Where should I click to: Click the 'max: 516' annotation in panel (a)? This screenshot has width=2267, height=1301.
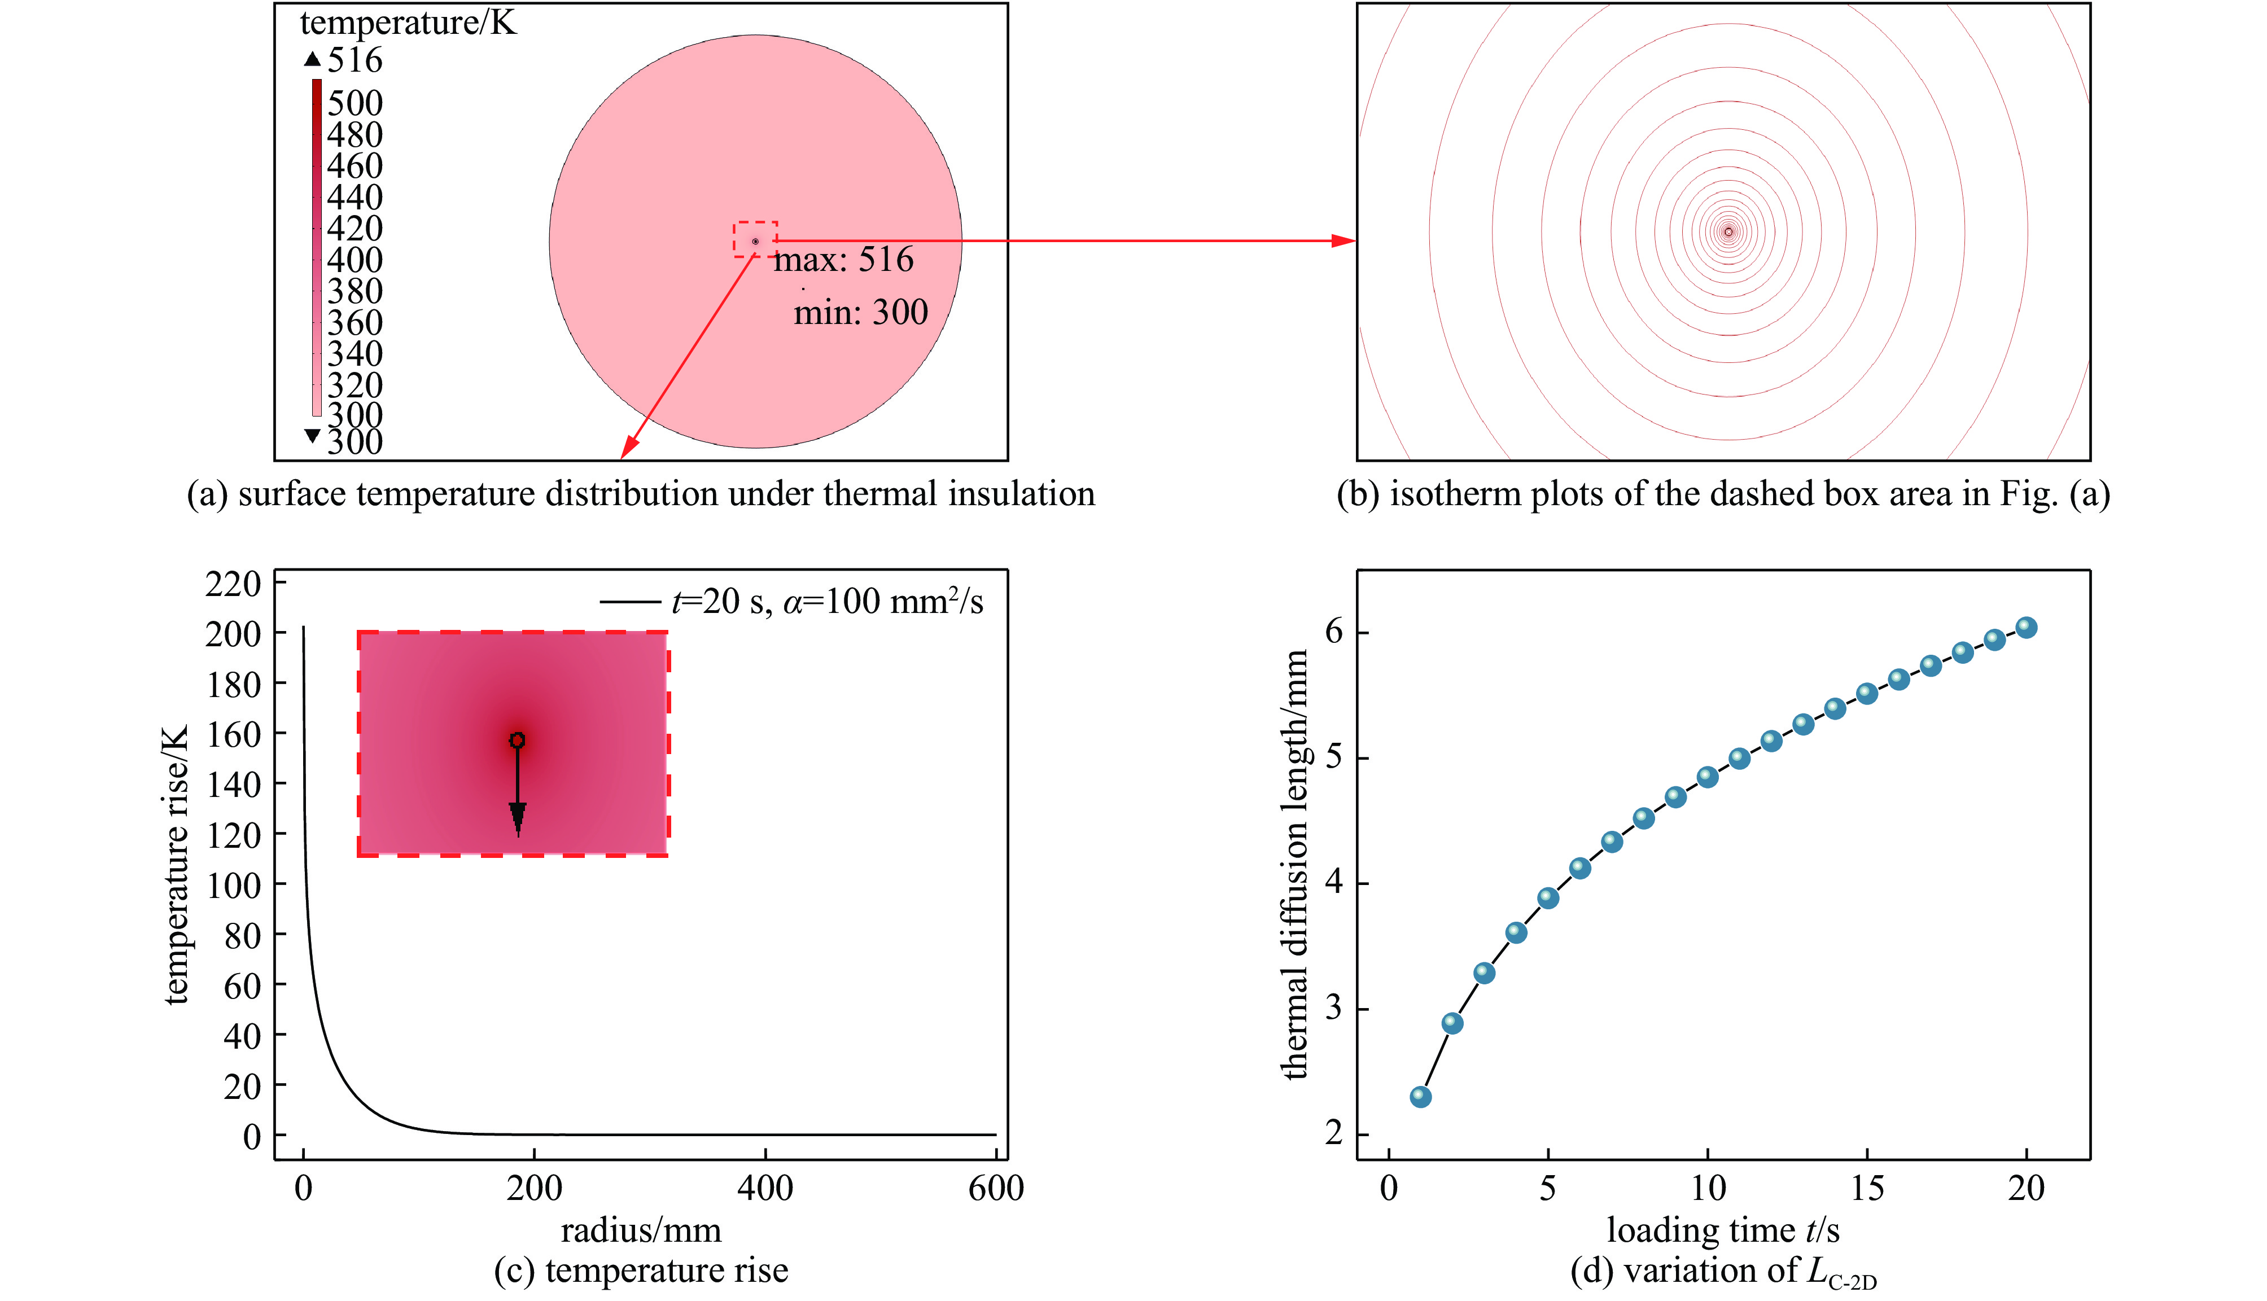[x=843, y=260]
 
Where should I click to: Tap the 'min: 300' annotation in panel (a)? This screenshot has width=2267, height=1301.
[x=860, y=313]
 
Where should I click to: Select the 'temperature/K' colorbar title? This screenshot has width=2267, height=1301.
[x=408, y=23]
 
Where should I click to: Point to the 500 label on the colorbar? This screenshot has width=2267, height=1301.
[x=355, y=103]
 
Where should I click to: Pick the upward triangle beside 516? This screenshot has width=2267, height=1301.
[x=312, y=60]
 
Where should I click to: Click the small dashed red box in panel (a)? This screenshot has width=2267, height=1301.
[x=755, y=239]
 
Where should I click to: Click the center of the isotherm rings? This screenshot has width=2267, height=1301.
[x=1728, y=231]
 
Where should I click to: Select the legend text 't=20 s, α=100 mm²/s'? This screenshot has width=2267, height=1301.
[x=826, y=601]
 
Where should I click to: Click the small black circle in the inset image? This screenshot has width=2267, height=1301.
[x=517, y=741]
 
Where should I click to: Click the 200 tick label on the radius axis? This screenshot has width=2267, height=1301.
[x=535, y=1189]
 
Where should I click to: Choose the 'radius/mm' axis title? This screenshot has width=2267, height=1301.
[x=641, y=1230]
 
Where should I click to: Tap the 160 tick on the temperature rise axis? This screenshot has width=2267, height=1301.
[x=234, y=734]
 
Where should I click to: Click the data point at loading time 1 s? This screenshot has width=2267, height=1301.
[x=1420, y=1096]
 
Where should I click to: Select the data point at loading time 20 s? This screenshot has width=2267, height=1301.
[x=2027, y=627]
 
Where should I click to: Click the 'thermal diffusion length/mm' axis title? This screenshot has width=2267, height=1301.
[x=1296, y=865]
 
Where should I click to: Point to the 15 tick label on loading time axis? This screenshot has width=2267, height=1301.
[x=1867, y=1189]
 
